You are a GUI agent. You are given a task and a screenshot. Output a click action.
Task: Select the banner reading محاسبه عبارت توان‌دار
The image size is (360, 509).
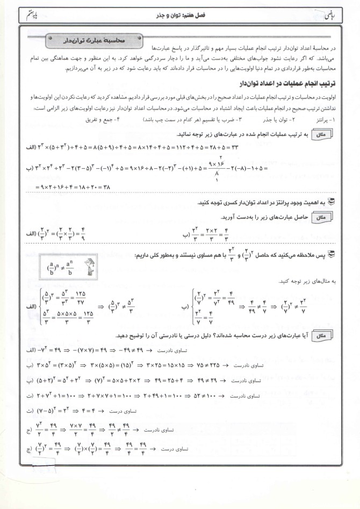(x=94, y=40)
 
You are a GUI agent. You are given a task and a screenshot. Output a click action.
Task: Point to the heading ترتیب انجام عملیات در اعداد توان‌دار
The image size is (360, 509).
(x=283, y=84)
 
